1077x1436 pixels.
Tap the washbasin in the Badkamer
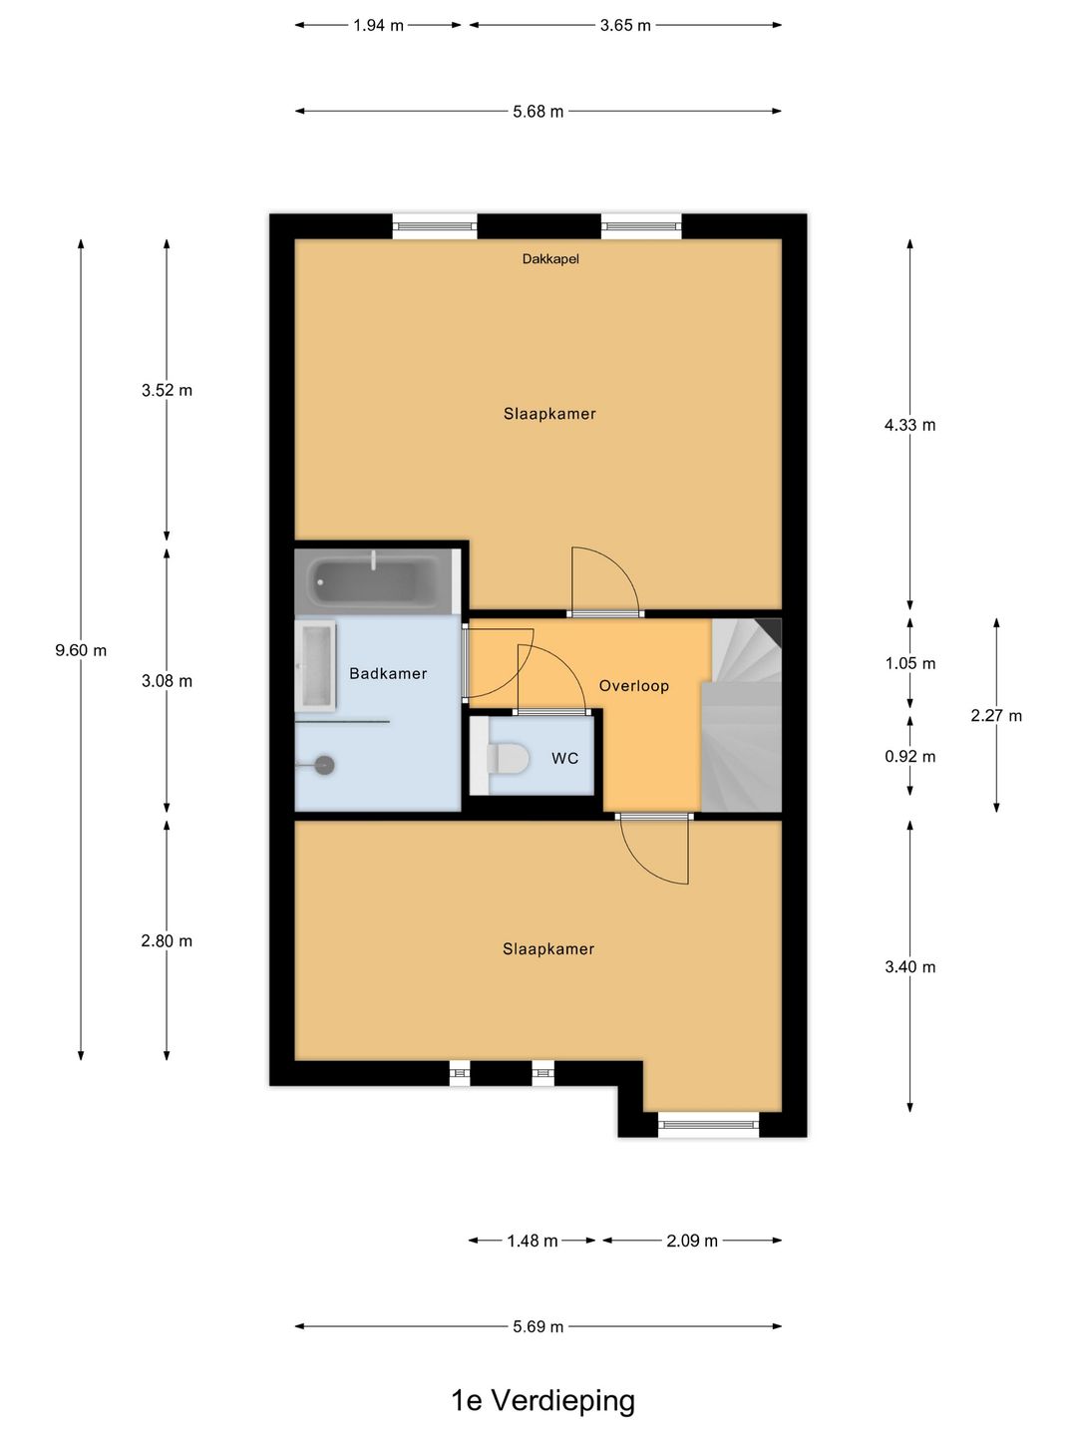[315, 665]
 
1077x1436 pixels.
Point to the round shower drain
[324, 765]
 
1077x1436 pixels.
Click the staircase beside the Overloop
[743, 713]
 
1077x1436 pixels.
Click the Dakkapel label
[550, 259]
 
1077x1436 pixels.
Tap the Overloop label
[633, 686]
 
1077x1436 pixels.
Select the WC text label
[564, 759]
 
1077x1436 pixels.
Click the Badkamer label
[388, 674]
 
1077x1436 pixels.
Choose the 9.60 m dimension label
[81, 650]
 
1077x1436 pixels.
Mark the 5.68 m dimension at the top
[538, 112]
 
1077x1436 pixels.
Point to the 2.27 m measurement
[995, 716]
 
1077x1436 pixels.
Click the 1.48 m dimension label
[533, 1241]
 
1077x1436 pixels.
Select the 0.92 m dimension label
[909, 757]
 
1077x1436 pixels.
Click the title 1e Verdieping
[542, 1400]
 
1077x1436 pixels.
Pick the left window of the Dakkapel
[435, 226]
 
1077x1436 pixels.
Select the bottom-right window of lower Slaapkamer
[709, 1125]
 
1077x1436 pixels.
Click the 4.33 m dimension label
[909, 425]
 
